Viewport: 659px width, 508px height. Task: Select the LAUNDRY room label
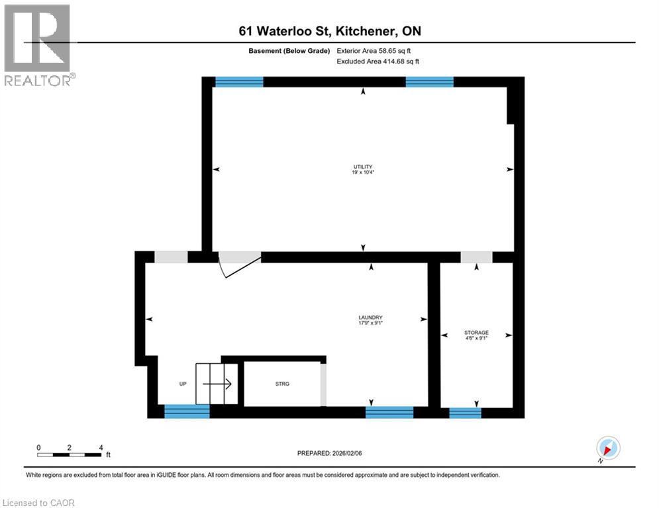click(x=371, y=317)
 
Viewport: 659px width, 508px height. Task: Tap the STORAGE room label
click(x=476, y=332)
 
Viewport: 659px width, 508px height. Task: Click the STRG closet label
click(x=282, y=384)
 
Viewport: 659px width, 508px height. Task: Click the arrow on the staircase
click(x=217, y=384)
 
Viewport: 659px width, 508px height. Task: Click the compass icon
click(x=607, y=448)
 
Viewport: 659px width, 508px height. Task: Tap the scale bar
click(x=70, y=454)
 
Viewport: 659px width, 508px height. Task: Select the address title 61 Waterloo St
click(x=329, y=31)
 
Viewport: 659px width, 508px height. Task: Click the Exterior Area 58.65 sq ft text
click(x=378, y=50)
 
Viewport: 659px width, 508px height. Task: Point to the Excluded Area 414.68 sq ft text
click(x=378, y=62)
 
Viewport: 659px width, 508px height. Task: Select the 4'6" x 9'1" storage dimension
click(x=476, y=339)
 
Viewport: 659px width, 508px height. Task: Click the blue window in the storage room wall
click(x=465, y=413)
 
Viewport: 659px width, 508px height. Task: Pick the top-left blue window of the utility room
click(x=239, y=82)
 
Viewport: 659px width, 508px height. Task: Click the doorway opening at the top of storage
click(x=477, y=257)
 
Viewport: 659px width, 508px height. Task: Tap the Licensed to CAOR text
click(x=38, y=503)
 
